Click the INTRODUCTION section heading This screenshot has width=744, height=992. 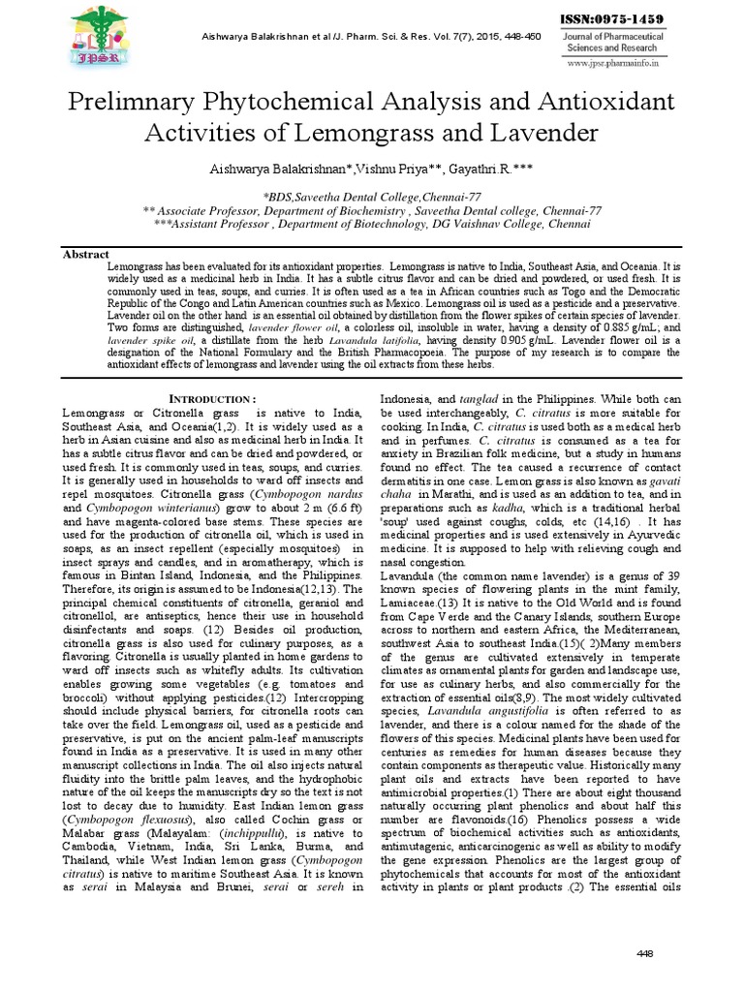click(213, 399)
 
